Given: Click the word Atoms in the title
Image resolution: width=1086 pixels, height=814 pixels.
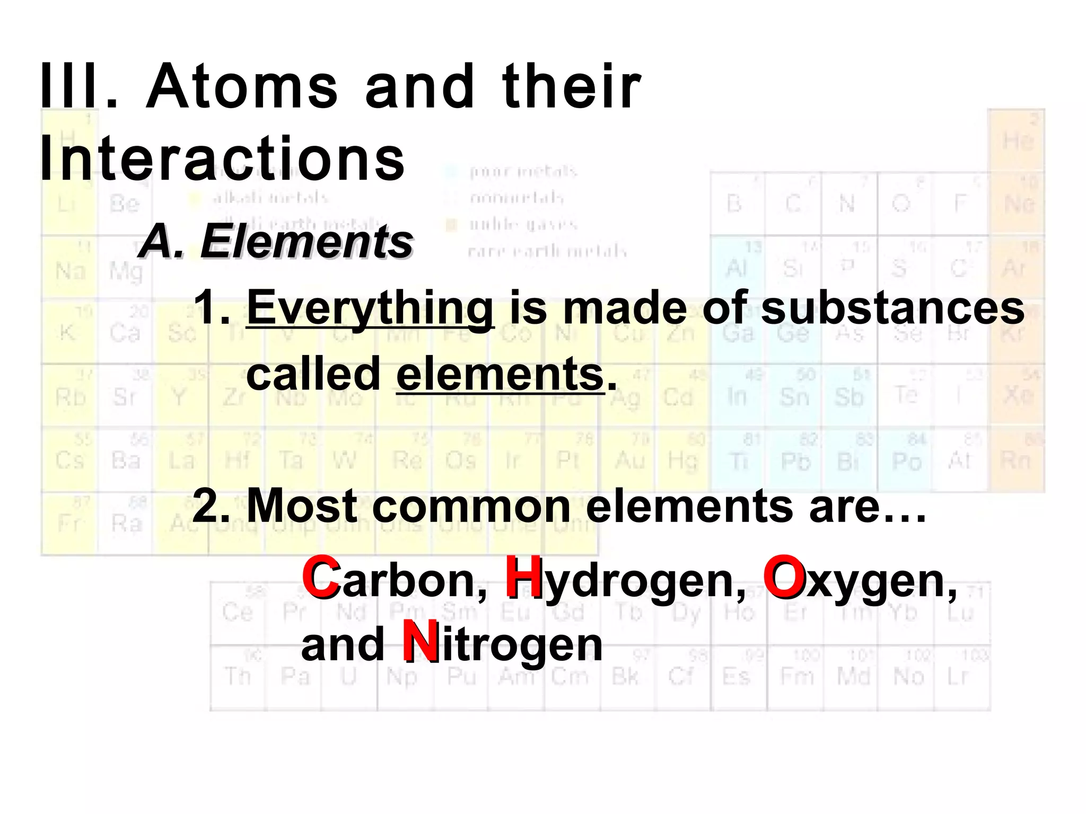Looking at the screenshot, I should (242, 86).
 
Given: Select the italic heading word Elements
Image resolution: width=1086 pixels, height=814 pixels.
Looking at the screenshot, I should (306, 242).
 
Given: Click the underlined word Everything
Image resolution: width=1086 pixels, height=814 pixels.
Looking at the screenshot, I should (370, 308).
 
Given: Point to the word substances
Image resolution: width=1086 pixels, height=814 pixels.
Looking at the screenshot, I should (892, 308).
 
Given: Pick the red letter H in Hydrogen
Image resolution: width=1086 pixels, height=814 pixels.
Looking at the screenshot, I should (523, 578).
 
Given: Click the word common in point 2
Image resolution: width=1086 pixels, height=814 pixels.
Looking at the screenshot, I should (471, 506).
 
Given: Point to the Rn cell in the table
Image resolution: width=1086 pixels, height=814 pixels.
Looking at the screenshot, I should (1016, 460).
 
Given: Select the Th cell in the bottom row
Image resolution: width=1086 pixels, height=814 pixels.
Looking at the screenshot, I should (238, 677).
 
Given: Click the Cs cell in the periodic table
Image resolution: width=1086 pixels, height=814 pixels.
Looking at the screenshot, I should (70, 460).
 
